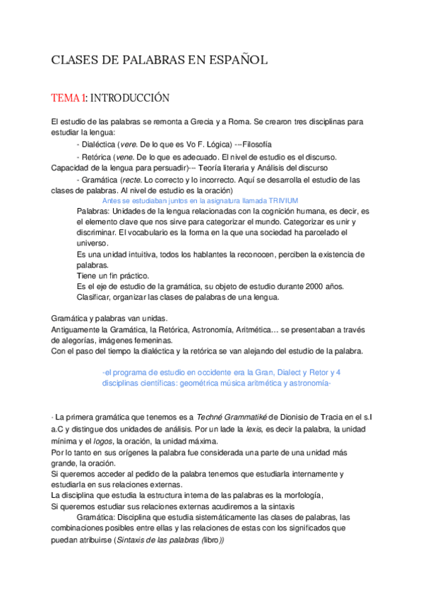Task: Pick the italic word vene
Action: (x=125, y=157)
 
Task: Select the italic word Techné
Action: (x=210, y=417)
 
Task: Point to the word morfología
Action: (x=302, y=496)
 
